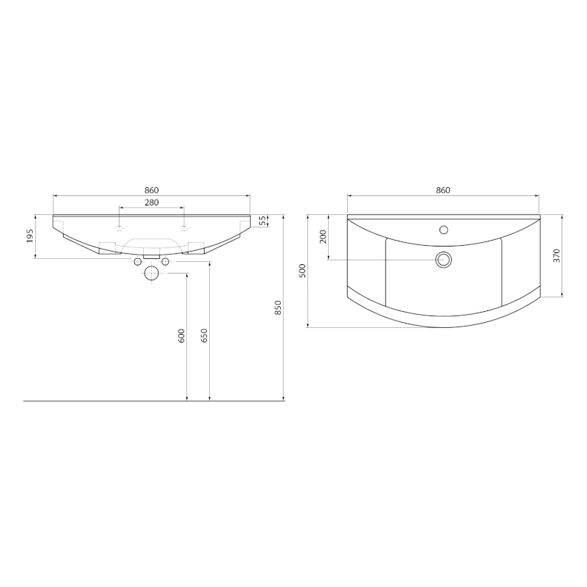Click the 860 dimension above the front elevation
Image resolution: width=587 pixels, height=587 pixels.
click(x=152, y=191)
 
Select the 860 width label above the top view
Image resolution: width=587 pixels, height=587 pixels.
click(x=443, y=190)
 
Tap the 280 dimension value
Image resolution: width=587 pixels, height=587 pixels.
click(x=152, y=203)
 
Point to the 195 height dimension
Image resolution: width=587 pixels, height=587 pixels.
click(x=30, y=236)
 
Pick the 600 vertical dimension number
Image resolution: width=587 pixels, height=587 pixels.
click(x=181, y=336)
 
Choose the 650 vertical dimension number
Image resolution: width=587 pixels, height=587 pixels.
click(x=204, y=336)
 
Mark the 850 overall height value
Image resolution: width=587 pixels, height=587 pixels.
click(x=278, y=307)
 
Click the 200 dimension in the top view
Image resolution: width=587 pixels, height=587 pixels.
click(x=323, y=236)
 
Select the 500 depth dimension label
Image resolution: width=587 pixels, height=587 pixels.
click(x=302, y=271)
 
